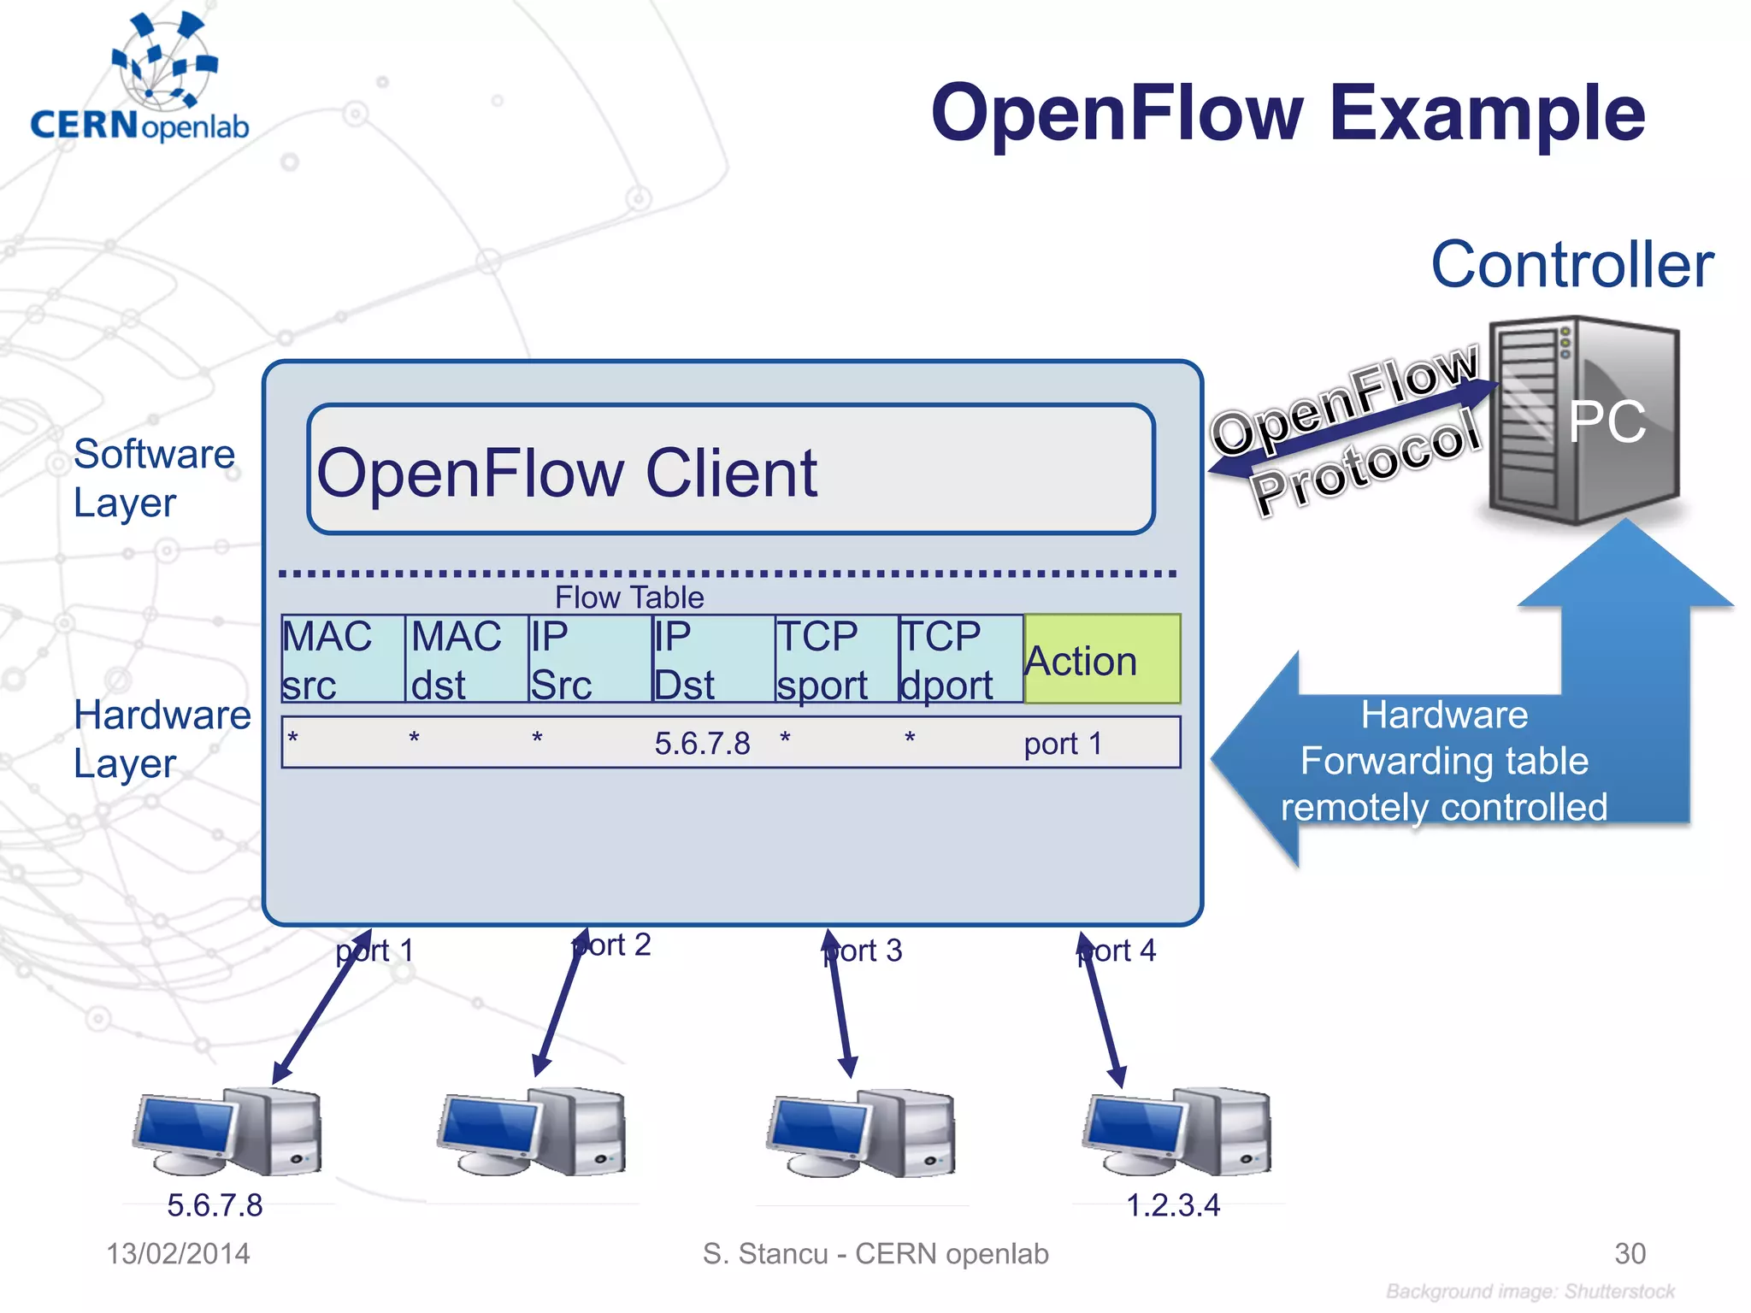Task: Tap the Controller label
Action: click(x=1571, y=265)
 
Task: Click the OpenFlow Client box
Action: click(x=731, y=470)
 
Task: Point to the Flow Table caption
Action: click(x=629, y=597)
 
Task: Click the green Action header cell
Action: click(x=1101, y=659)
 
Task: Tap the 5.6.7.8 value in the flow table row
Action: click(x=702, y=743)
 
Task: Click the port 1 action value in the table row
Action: click(x=1063, y=743)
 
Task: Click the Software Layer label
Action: click(x=154, y=478)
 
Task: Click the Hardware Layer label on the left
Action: click(x=161, y=739)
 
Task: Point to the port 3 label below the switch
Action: click(x=864, y=951)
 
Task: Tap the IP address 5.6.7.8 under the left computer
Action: click(x=215, y=1204)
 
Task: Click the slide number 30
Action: click(x=1630, y=1253)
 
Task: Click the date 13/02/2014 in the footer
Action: click(x=178, y=1253)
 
